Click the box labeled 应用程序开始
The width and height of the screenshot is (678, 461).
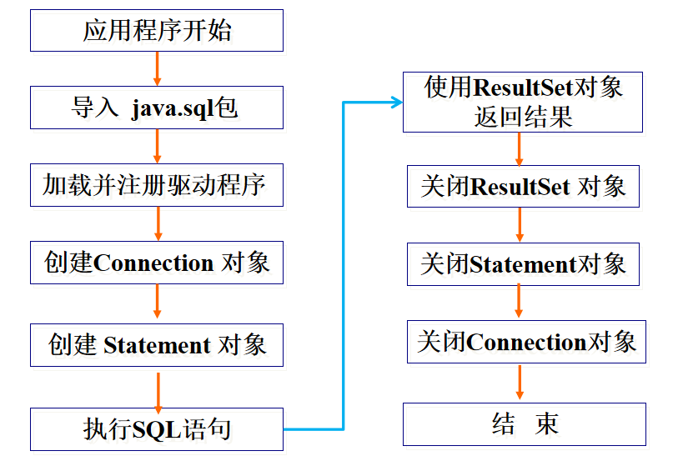coord(157,31)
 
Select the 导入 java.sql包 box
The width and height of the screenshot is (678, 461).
coord(157,108)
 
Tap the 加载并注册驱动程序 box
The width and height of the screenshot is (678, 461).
coord(157,185)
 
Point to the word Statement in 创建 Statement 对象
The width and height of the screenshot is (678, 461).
coord(157,344)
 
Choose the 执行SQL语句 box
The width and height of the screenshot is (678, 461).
coord(157,429)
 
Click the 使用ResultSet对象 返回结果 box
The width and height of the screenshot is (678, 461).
coord(523,102)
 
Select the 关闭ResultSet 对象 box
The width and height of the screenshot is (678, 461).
coord(523,186)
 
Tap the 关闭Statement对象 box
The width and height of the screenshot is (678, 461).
coord(523,264)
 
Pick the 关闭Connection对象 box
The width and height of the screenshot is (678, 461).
coord(526,342)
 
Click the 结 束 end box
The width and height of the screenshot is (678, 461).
coord(525,424)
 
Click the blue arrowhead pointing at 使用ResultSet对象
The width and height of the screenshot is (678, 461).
coord(395,102)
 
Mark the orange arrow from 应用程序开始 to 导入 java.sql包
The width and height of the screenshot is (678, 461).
coord(157,68)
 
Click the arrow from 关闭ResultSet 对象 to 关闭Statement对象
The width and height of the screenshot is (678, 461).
coord(520,225)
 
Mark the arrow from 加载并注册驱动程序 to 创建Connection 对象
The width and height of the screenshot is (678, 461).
coord(157,224)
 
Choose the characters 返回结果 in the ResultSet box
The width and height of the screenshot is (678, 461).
coord(523,117)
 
